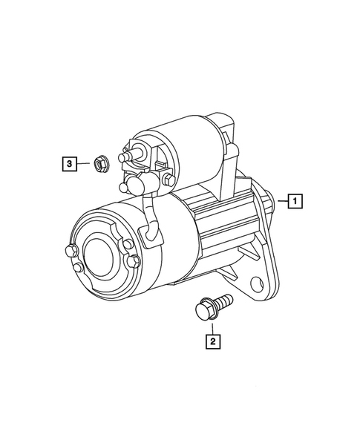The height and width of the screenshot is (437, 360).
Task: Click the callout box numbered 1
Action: point(295,201)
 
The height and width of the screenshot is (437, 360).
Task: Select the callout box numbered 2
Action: point(212,341)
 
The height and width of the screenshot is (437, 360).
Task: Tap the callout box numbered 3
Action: point(69,163)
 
